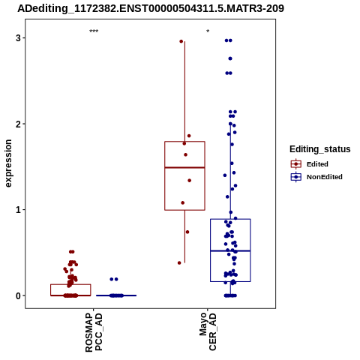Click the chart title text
pyautogui.click(x=151, y=9)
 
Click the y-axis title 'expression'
pyautogui.click(x=8, y=163)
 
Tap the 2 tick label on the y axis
pyautogui.click(x=18, y=124)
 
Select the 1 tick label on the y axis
pyautogui.click(x=18, y=210)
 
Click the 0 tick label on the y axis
pyautogui.click(x=18, y=295)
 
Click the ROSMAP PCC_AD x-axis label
pyautogui.click(x=94, y=332)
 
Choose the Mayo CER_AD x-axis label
pyautogui.click(x=208, y=331)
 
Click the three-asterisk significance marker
pyautogui.click(x=94, y=31)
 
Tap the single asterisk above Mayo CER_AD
pyautogui.click(x=208, y=31)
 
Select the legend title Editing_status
pyautogui.click(x=320, y=149)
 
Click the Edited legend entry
pyautogui.click(x=310, y=164)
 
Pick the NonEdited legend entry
pyautogui.click(x=316, y=177)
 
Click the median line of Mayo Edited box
pyautogui.click(x=184, y=167)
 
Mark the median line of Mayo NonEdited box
pyautogui.click(x=230, y=250)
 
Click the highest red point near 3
pyautogui.click(x=181, y=41)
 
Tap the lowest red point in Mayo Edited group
pyautogui.click(x=179, y=262)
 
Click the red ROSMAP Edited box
pyautogui.click(x=70, y=284)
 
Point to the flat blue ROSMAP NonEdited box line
pyautogui.click(x=116, y=295)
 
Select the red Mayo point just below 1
pyautogui.click(x=187, y=232)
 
